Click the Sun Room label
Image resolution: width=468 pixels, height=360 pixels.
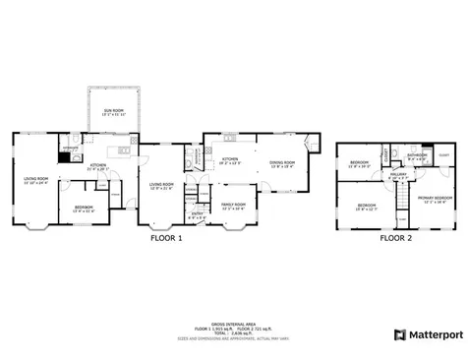point(114,111)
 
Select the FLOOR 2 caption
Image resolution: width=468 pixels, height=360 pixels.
point(395,237)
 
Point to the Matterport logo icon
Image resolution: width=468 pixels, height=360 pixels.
point(400,334)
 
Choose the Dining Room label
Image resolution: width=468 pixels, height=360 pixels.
point(283,162)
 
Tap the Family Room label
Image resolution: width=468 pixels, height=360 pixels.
point(234,208)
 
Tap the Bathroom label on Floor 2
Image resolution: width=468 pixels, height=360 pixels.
point(418,156)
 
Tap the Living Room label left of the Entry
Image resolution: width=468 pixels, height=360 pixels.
point(161,186)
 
